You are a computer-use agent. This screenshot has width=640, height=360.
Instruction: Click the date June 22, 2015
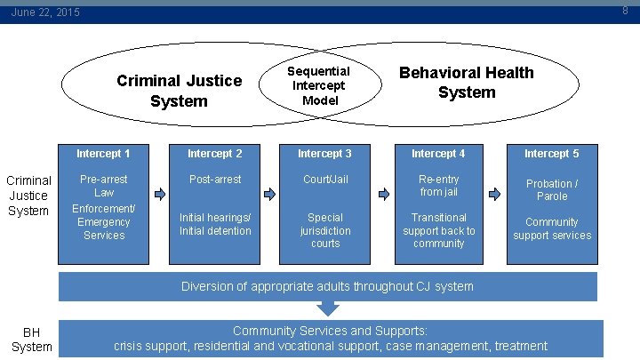(x=45, y=12)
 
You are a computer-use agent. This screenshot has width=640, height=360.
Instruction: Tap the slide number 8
(x=626, y=11)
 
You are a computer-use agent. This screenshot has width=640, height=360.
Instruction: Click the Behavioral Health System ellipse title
(x=466, y=82)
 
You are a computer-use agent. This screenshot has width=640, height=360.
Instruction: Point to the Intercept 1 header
(x=103, y=154)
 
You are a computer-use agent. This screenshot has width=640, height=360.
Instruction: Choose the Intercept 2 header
(x=215, y=154)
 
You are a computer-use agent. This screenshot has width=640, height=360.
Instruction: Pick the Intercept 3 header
(x=324, y=154)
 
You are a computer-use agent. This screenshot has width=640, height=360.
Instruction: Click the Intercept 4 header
(x=438, y=154)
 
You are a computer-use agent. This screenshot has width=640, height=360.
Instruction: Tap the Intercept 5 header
(x=551, y=154)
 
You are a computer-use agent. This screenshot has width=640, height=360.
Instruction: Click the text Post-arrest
(x=215, y=180)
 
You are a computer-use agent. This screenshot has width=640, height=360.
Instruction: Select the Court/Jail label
(x=324, y=180)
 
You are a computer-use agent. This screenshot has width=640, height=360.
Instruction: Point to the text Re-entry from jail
(x=438, y=186)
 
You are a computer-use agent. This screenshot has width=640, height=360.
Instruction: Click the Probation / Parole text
(x=551, y=190)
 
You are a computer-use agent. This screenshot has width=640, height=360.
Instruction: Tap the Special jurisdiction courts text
(x=324, y=230)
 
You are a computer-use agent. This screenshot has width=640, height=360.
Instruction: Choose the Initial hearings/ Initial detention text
(x=215, y=224)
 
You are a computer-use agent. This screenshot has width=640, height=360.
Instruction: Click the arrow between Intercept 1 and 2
(x=160, y=193)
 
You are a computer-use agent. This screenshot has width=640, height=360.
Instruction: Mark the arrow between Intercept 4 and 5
(x=495, y=193)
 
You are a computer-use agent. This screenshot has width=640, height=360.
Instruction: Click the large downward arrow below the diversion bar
(x=328, y=308)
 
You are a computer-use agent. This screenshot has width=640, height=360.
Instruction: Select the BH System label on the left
(x=31, y=340)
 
